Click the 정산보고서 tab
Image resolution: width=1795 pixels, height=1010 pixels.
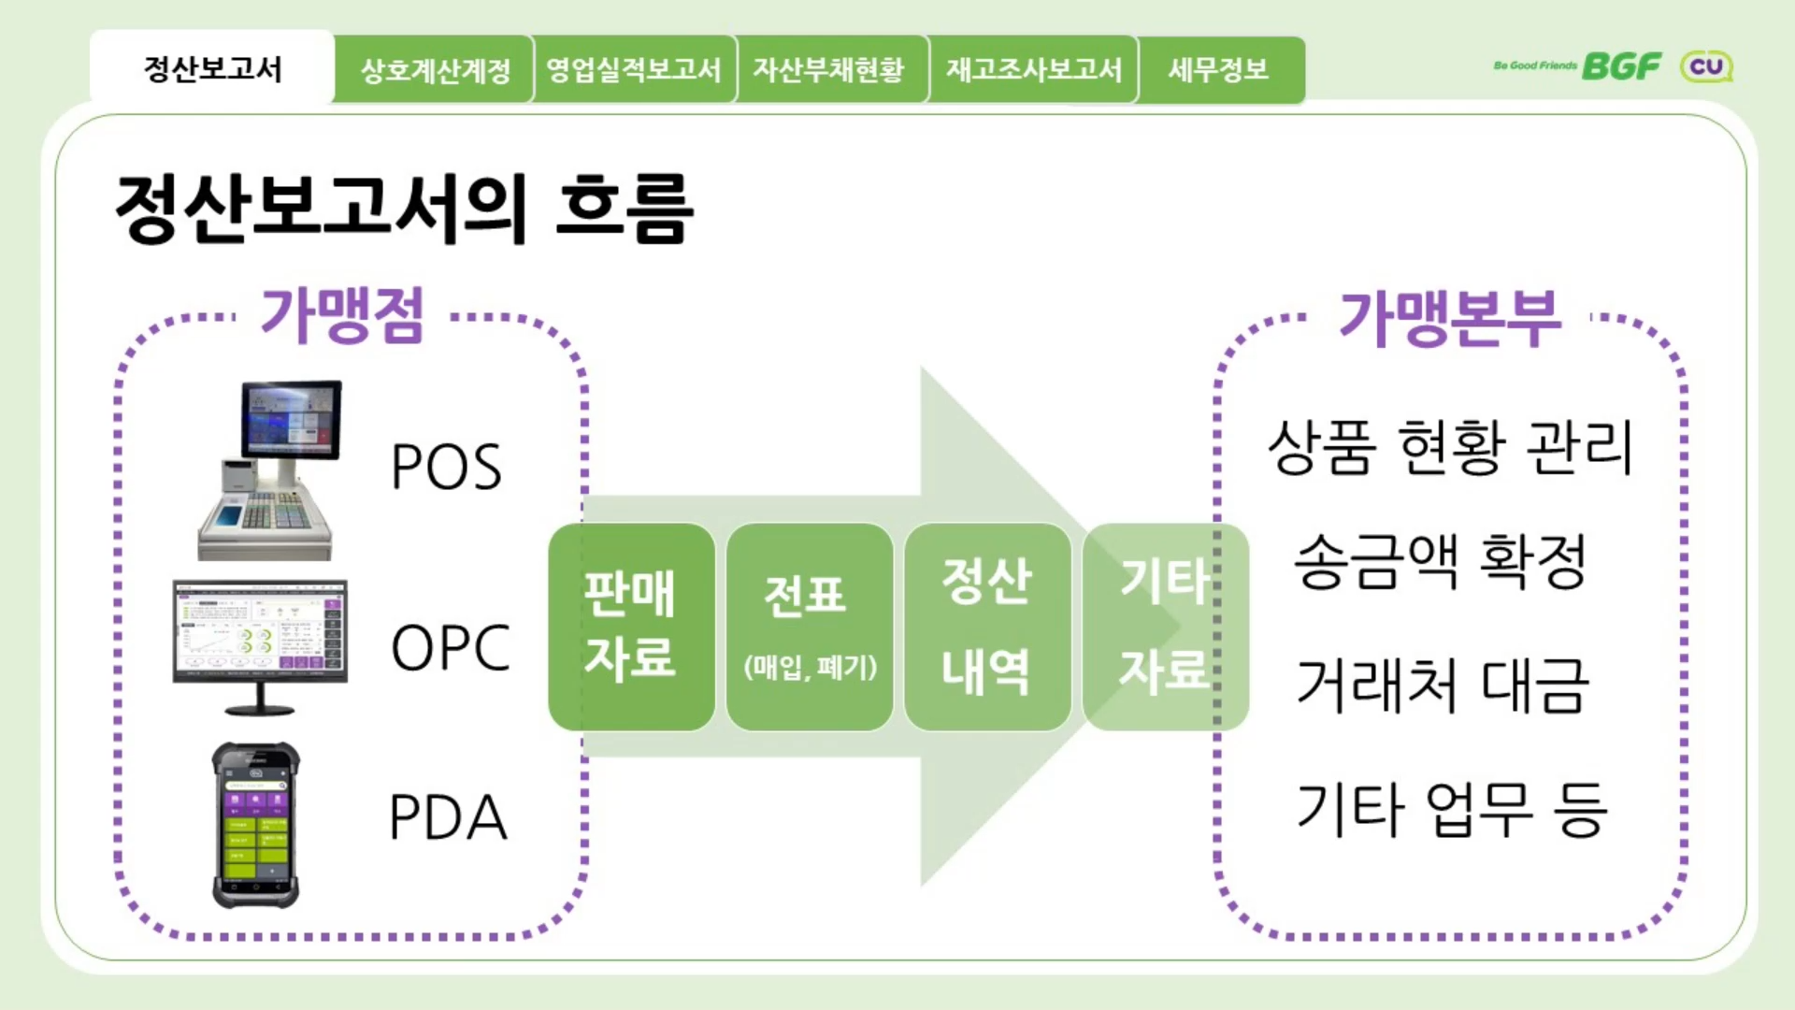tap(212, 68)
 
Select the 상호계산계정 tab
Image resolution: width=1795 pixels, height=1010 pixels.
tap(435, 70)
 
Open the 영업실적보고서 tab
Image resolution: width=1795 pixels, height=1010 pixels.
tap(634, 70)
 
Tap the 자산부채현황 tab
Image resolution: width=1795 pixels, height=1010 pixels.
tap(829, 70)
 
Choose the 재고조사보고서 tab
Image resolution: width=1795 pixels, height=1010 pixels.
tap(1033, 70)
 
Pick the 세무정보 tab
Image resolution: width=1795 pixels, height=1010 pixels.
tap(1218, 70)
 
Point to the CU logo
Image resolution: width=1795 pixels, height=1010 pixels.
tap(1706, 66)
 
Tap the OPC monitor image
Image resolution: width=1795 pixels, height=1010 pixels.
tap(260, 645)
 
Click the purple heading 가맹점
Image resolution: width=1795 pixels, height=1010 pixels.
tap(342, 315)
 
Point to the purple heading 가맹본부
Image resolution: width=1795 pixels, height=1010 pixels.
tap(1450, 318)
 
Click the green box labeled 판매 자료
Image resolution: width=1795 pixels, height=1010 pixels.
tap(631, 627)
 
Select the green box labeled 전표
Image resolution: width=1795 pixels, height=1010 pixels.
tap(809, 627)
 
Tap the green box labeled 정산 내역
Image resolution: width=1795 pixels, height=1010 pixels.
tap(987, 627)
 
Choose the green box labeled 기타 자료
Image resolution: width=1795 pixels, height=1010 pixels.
tap(1165, 627)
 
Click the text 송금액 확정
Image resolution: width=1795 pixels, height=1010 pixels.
tap(1441, 561)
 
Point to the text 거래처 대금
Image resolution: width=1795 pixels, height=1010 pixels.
tap(1443, 685)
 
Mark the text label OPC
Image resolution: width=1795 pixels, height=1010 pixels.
tap(451, 647)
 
